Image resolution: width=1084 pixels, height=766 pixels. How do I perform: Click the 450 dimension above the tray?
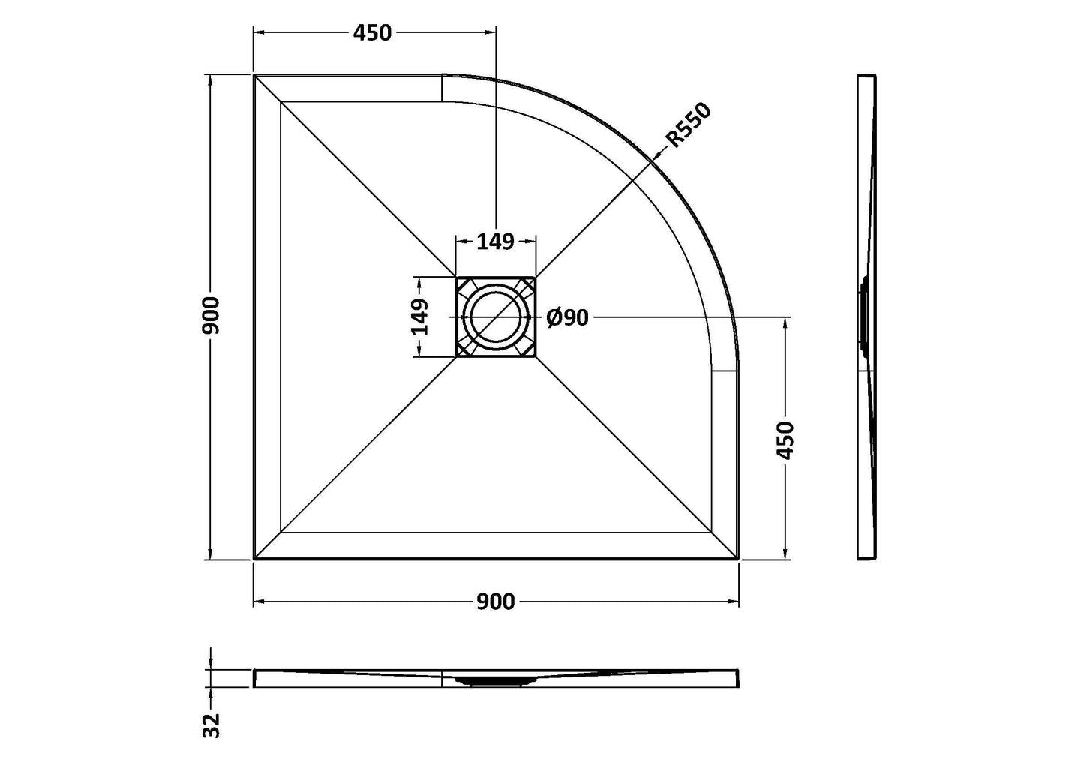pyautogui.click(x=373, y=33)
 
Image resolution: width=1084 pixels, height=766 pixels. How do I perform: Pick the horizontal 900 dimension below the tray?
pyautogui.click(x=495, y=602)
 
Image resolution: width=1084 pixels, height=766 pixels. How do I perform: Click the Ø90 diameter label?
pyautogui.click(x=568, y=318)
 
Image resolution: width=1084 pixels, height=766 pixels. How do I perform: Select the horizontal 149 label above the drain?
pyautogui.click(x=495, y=242)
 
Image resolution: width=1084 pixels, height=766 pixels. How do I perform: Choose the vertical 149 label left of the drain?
pyautogui.click(x=420, y=317)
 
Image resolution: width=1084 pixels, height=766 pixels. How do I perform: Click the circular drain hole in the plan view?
pyautogui.click(x=495, y=317)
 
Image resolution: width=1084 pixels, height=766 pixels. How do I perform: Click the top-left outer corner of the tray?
pyautogui.click(x=254, y=76)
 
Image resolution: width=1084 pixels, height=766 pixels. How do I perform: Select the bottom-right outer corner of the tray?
pyautogui.click(x=738, y=559)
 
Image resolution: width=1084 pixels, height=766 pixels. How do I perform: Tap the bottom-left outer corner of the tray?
pyautogui.click(x=254, y=559)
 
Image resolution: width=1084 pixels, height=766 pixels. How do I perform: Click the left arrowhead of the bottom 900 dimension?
pyautogui.click(x=259, y=602)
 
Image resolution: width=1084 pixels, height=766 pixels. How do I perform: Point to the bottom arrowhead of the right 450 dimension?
pyautogui.click(x=785, y=554)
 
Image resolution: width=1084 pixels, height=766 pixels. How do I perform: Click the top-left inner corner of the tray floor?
pyautogui.click(x=281, y=102)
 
